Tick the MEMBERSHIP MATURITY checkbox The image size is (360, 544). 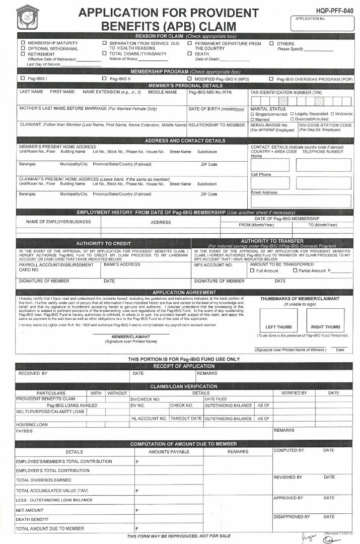[23, 44]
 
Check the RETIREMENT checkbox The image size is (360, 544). [23, 53]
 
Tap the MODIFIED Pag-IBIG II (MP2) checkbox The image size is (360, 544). [189, 79]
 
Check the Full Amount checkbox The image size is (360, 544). [252, 271]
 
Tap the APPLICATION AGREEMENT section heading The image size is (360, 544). [184, 292]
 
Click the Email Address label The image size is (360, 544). [264, 192]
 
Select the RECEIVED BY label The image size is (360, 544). [33, 374]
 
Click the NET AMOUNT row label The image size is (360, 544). [30, 510]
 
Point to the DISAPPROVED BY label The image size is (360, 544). [292, 517]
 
